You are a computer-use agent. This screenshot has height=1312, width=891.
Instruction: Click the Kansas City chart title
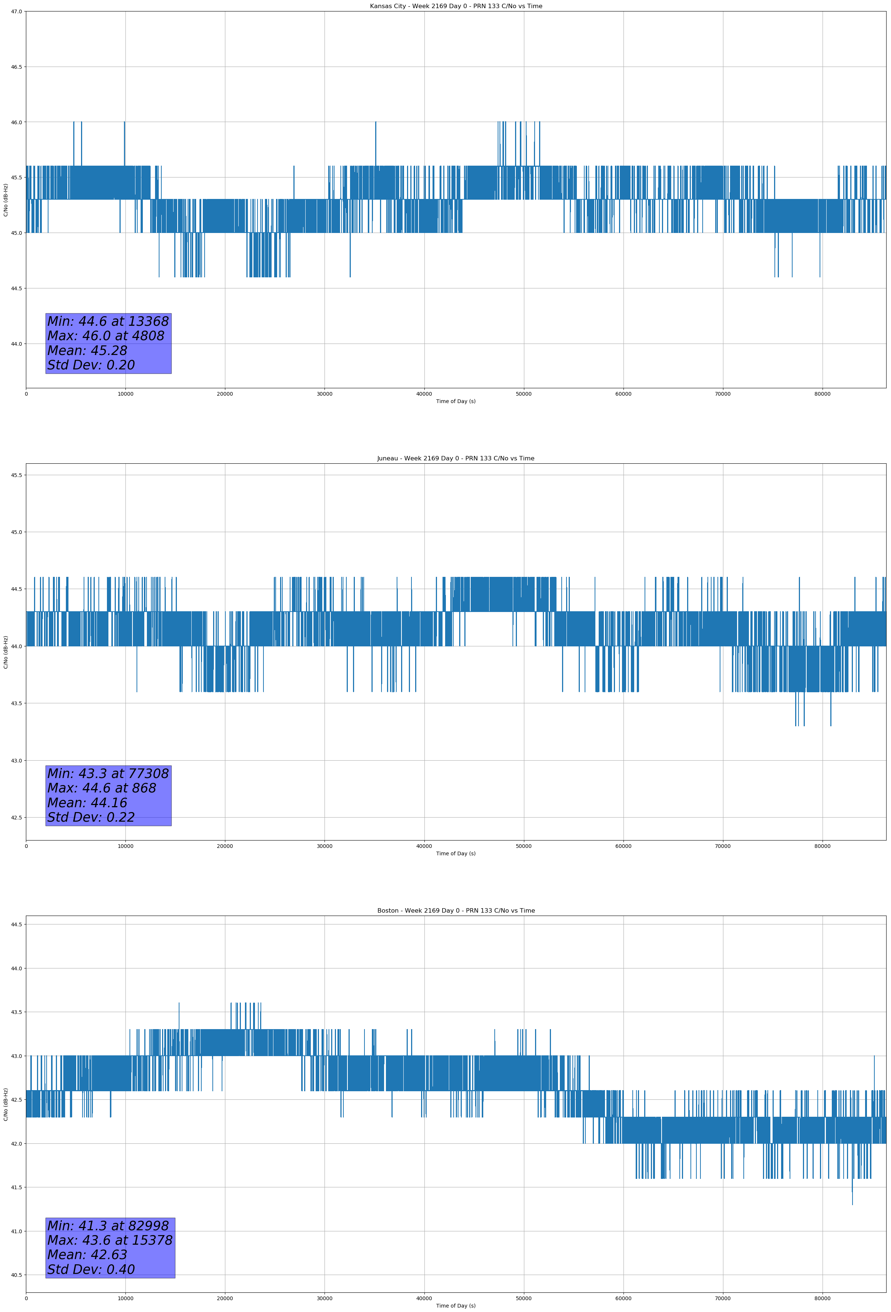[x=455, y=6]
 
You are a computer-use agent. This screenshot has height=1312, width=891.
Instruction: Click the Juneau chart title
[x=455, y=459]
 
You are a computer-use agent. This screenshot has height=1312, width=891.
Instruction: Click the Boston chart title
[x=455, y=911]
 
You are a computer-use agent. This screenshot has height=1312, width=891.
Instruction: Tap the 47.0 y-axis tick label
[x=16, y=11]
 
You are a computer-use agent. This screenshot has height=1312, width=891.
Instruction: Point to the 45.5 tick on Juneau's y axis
[x=16, y=475]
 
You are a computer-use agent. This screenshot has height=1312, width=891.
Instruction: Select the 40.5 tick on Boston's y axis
[x=16, y=1275]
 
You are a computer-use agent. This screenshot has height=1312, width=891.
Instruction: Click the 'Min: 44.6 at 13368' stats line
[x=108, y=321]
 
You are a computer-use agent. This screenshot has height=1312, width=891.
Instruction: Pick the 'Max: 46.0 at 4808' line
[x=106, y=336]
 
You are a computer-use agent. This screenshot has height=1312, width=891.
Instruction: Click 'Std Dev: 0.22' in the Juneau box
[x=91, y=818]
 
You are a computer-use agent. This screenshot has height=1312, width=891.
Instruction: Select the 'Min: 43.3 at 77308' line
[x=108, y=774]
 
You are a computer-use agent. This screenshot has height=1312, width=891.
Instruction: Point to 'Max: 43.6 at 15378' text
[x=110, y=1240]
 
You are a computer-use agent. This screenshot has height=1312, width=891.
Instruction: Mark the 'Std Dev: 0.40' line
[x=91, y=1269]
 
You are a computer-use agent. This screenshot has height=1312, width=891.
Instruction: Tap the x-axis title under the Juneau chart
[x=455, y=853]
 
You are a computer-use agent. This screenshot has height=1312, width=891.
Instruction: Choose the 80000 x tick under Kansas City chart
[x=822, y=394]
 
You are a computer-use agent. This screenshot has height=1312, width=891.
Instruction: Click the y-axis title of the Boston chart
[x=6, y=1104]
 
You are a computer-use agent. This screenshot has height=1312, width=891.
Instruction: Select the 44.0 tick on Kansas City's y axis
[x=16, y=344]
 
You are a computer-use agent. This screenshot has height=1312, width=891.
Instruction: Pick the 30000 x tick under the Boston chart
[x=324, y=1298]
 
